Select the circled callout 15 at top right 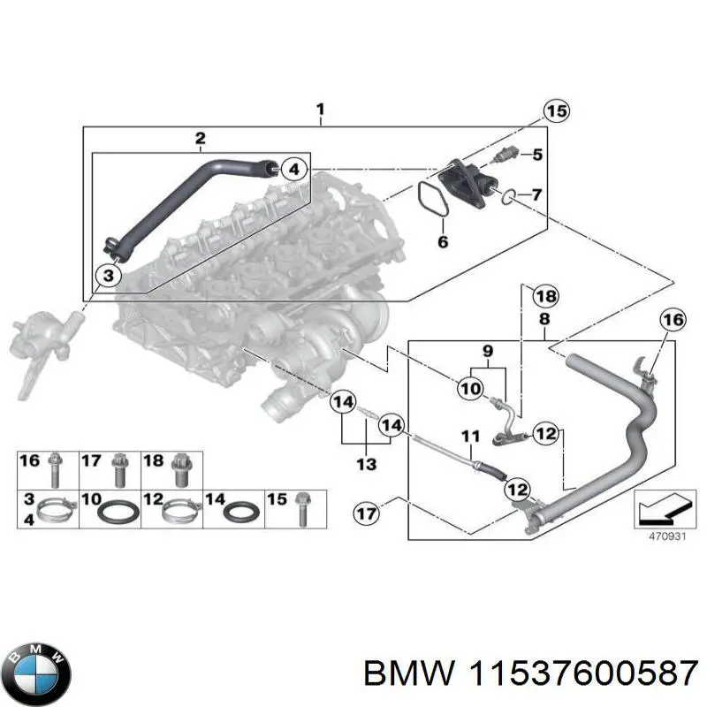click(x=555, y=112)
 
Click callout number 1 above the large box click(x=321, y=110)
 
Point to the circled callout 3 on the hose click(x=108, y=277)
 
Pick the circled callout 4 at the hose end click(x=296, y=168)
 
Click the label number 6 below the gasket click(x=444, y=241)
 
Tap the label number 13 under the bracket click(x=365, y=464)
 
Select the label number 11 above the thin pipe click(x=470, y=435)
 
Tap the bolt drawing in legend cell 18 click(x=182, y=468)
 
